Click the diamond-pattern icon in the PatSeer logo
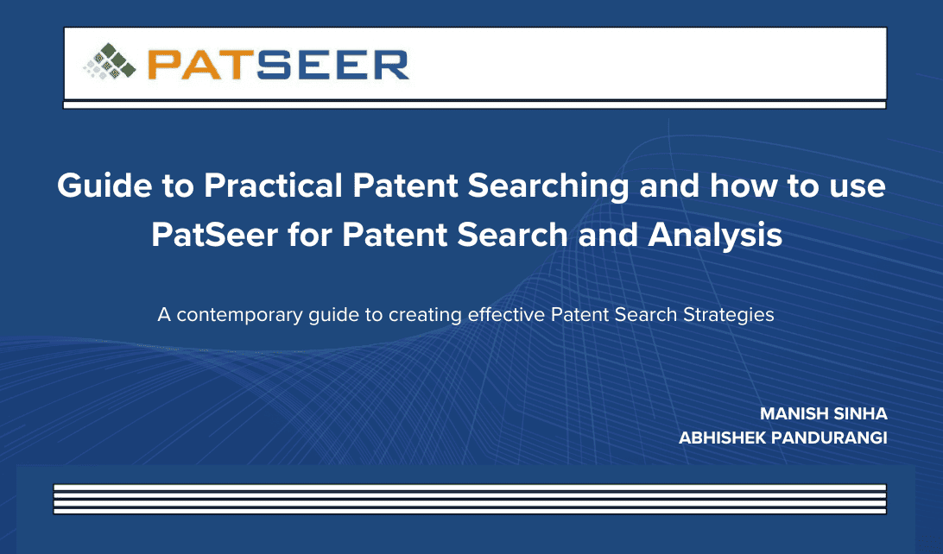pyautogui.click(x=110, y=61)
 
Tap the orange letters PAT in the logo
pyautogui.click(x=201, y=65)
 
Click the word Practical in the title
pyautogui.click(x=273, y=185)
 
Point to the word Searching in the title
pyautogui.click(x=548, y=186)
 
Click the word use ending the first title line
pyautogui.click(x=858, y=187)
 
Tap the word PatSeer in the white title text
pyautogui.click(x=215, y=235)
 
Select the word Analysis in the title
pyautogui.click(x=715, y=236)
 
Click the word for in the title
pyautogui.click(x=310, y=235)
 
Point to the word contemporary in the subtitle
pyautogui.click(x=239, y=316)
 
